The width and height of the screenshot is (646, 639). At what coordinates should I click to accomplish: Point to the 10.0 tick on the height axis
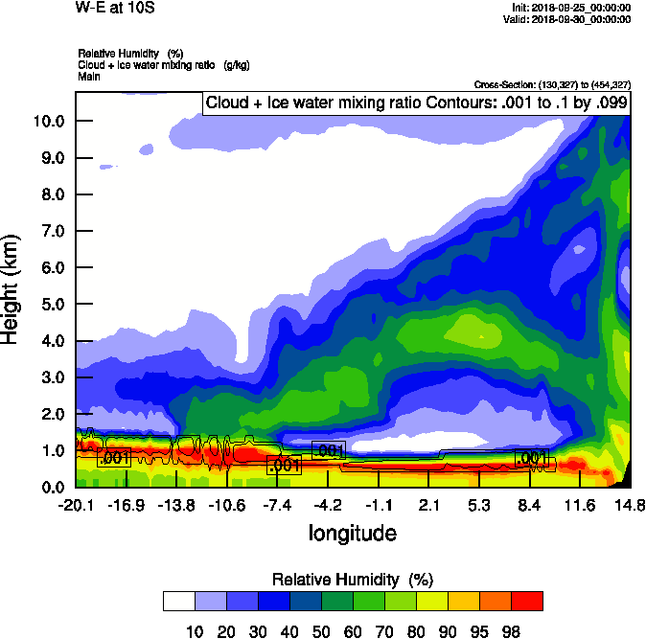point(48,121)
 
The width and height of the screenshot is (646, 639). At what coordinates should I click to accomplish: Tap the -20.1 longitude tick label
point(75,505)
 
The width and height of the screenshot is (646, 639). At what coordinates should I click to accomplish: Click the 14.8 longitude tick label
point(630,505)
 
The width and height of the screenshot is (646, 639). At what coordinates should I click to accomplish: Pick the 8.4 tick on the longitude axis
point(530,505)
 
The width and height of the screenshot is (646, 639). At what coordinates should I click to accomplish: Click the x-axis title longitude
point(352,533)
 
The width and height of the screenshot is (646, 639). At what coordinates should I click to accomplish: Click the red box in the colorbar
point(526,601)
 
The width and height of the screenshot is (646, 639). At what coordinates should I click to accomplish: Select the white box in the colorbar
point(178,601)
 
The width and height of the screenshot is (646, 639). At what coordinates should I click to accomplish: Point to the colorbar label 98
point(510,629)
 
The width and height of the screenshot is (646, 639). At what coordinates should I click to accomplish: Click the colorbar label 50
point(320,629)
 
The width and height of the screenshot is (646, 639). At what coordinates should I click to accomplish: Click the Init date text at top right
point(572,8)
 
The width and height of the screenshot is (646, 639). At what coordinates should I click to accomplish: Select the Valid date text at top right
point(570,19)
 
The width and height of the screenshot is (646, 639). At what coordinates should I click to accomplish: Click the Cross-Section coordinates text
point(552,85)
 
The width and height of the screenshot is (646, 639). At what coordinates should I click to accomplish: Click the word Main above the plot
point(89,76)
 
